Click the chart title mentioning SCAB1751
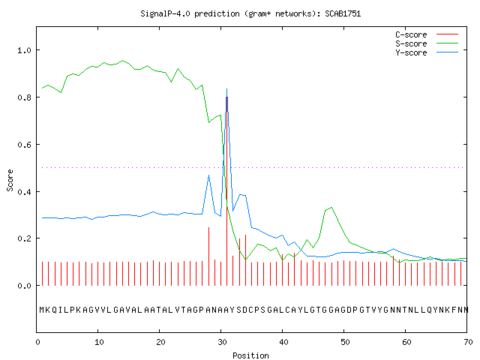click(x=250, y=13)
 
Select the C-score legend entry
click(x=427, y=34)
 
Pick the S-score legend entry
click(x=427, y=43)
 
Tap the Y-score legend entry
click(x=427, y=52)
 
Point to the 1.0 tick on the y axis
click(x=24, y=50)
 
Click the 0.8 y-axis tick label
click(x=24, y=97)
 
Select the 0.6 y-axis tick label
click(x=24, y=145)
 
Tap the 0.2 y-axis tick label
click(x=24, y=238)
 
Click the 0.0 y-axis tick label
click(x=24, y=286)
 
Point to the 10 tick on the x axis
click(x=99, y=342)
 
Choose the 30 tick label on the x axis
click(x=222, y=342)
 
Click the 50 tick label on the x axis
click(x=345, y=342)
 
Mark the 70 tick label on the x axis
click(x=468, y=342)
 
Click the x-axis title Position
click(x=250, y=355)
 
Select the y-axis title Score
click(x=10, y=180)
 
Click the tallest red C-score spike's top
click(x=226, y=97)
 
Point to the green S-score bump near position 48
click(x=331, y=208)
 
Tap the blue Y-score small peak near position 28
click(x=208, y=175)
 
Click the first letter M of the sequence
click(x=42, y=310)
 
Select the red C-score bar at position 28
click(x=208, y=256)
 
